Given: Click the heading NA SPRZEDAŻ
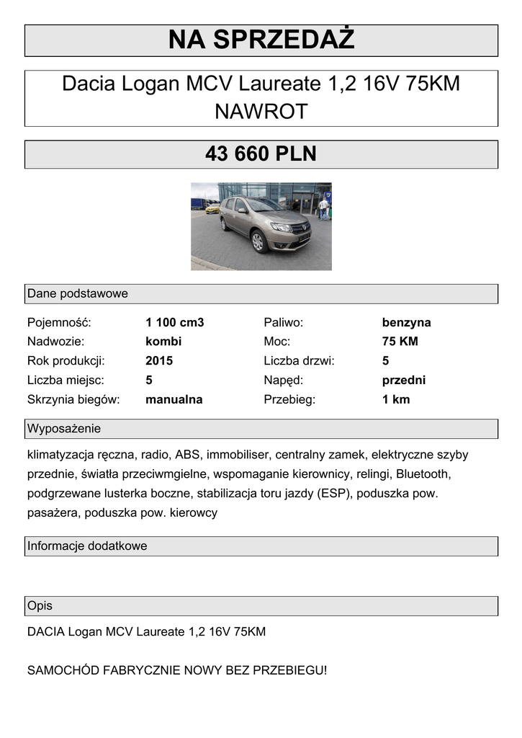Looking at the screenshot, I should click(261, 40).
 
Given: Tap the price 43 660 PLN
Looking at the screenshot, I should click(261, 154).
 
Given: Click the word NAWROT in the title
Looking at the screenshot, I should click(261, 112).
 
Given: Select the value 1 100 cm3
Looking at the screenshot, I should click(174, 322).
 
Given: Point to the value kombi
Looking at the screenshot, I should click(163, 342).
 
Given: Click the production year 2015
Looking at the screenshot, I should click(159, 360).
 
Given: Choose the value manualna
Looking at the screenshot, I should click(174, 399).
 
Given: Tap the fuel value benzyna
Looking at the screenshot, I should click(406, 322).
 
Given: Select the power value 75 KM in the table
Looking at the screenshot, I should click(400, 342).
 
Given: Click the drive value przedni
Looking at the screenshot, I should click(403, 380).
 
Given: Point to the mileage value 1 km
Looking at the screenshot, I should click(395, 399).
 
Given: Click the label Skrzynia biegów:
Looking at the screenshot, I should click(73, 399).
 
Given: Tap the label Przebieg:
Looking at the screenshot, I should click(289, 399).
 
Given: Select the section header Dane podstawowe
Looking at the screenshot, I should click(77, 293).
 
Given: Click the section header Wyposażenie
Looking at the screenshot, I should click(64, 429).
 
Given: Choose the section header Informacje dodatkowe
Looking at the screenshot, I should click(87, 546).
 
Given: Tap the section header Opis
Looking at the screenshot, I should click(40, 605).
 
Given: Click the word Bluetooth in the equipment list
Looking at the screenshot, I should click(423, 474).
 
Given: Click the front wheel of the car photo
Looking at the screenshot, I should click(258, 241).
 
